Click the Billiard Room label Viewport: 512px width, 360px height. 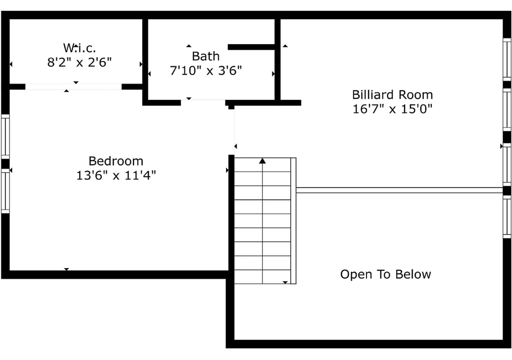pos(392,95)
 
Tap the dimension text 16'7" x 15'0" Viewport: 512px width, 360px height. pos(392,108)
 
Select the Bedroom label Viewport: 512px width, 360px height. pos(116,161)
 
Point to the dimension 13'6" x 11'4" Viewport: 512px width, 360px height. pos(116,175)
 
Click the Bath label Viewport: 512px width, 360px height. pos(205,56)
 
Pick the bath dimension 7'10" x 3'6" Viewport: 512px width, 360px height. pos(205,70)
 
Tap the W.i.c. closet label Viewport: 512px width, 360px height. pos(79,48)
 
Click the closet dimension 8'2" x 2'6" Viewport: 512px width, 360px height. pos(79,62)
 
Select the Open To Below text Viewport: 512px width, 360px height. pos(385,274)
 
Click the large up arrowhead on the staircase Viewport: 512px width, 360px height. pos(263,161)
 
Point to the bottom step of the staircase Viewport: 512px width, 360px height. pos(263,277)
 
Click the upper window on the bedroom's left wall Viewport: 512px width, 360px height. pos(5,136)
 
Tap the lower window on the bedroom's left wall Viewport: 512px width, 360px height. pos(5,191)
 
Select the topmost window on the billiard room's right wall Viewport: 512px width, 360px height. pos(507,59)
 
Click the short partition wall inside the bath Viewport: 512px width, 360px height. pos(251,47)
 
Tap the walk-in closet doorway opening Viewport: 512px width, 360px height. pos(73,87)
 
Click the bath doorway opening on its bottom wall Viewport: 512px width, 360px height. pos(203,102)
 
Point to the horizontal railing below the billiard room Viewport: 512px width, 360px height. pos(399,190)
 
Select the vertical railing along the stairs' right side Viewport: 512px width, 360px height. pos(293,221)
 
